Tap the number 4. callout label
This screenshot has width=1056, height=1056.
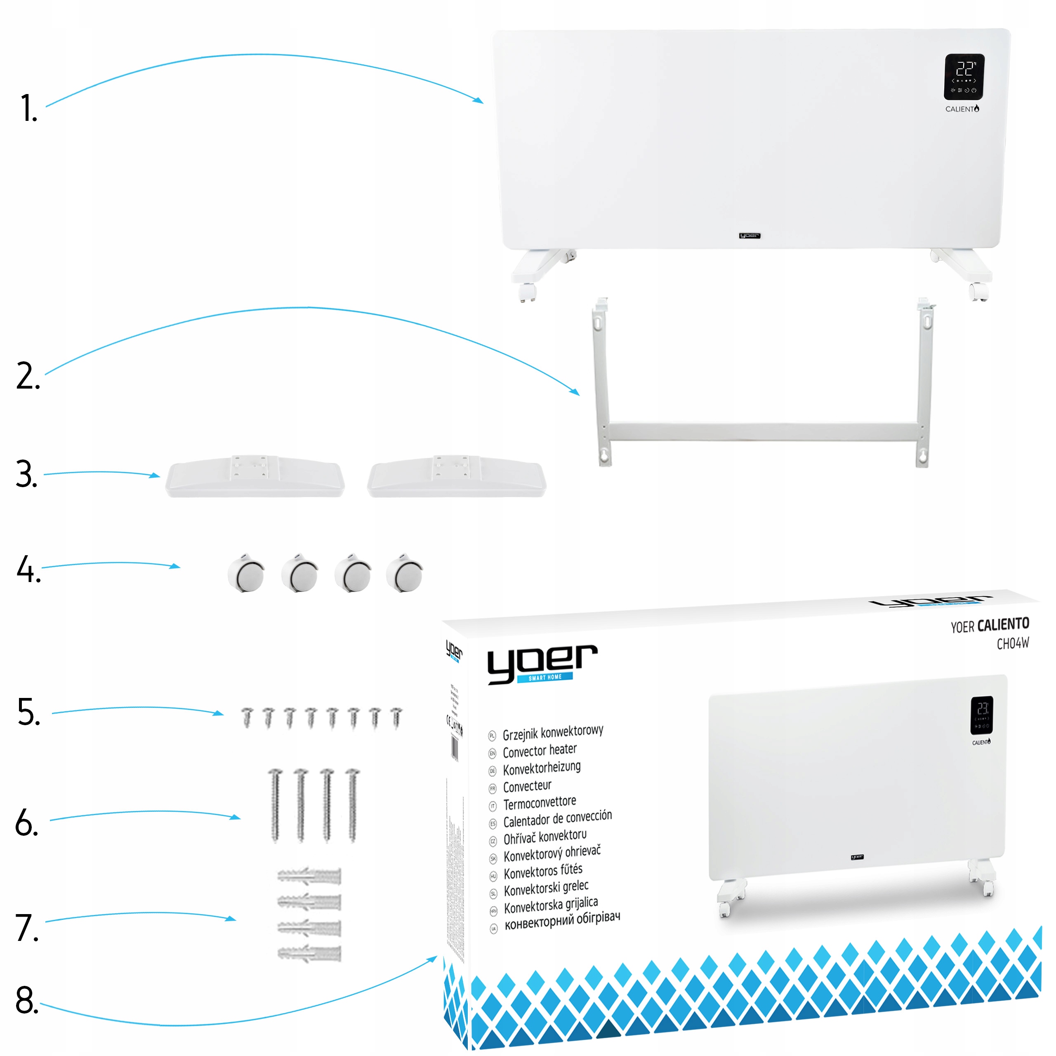(x=28, y=570)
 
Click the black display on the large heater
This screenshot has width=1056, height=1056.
(x=964, y=77)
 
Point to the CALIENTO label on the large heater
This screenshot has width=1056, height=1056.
(x=962, y=109)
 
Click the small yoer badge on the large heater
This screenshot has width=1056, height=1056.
(x=750, y=236)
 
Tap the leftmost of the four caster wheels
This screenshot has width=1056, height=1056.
(x=246, y=573)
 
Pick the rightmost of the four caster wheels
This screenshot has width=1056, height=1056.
(x=405, y=573)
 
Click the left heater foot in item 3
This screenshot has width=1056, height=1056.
(x=255, y=476)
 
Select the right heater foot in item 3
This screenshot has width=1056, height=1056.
(x=456, y=476)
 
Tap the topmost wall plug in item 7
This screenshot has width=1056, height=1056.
(x=309, y=876)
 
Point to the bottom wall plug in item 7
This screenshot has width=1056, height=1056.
(x=309, y=954)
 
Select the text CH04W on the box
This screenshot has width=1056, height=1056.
(x=1013, y=644)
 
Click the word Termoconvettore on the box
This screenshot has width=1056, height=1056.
(x=540, y=804)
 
